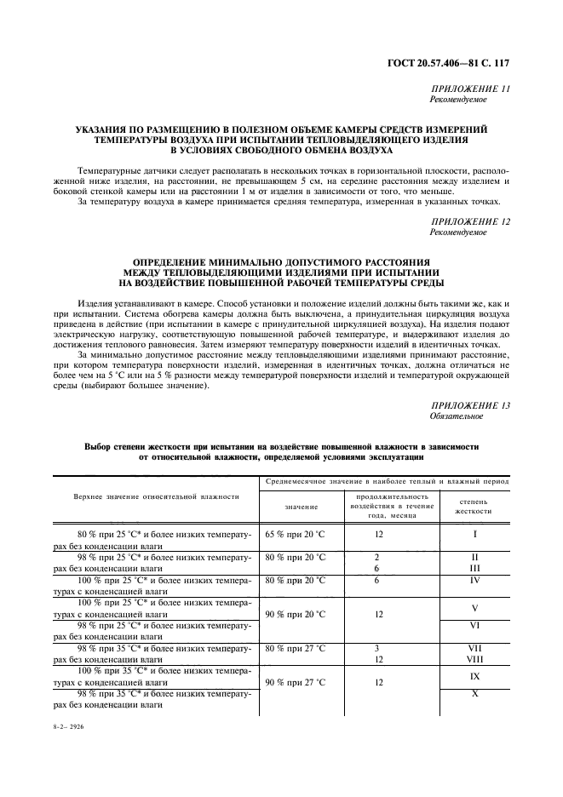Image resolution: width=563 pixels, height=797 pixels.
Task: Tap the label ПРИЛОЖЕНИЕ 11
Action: point(470,89)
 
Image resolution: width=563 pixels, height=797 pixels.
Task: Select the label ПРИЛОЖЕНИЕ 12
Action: point(470,221)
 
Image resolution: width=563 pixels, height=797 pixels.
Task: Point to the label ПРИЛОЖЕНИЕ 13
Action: point(470,405)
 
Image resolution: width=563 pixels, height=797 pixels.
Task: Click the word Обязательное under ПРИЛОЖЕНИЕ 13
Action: point(457,416)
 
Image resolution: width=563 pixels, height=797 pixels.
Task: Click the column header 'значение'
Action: point(302,507)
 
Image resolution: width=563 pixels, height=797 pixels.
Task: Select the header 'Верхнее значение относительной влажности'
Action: point(154,496)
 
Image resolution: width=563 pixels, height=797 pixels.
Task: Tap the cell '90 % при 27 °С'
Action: point(296,682)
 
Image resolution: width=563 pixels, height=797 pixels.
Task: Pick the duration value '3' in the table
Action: point(376,648)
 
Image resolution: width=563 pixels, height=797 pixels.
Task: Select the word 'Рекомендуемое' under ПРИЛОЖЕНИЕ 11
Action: point(458,100)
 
